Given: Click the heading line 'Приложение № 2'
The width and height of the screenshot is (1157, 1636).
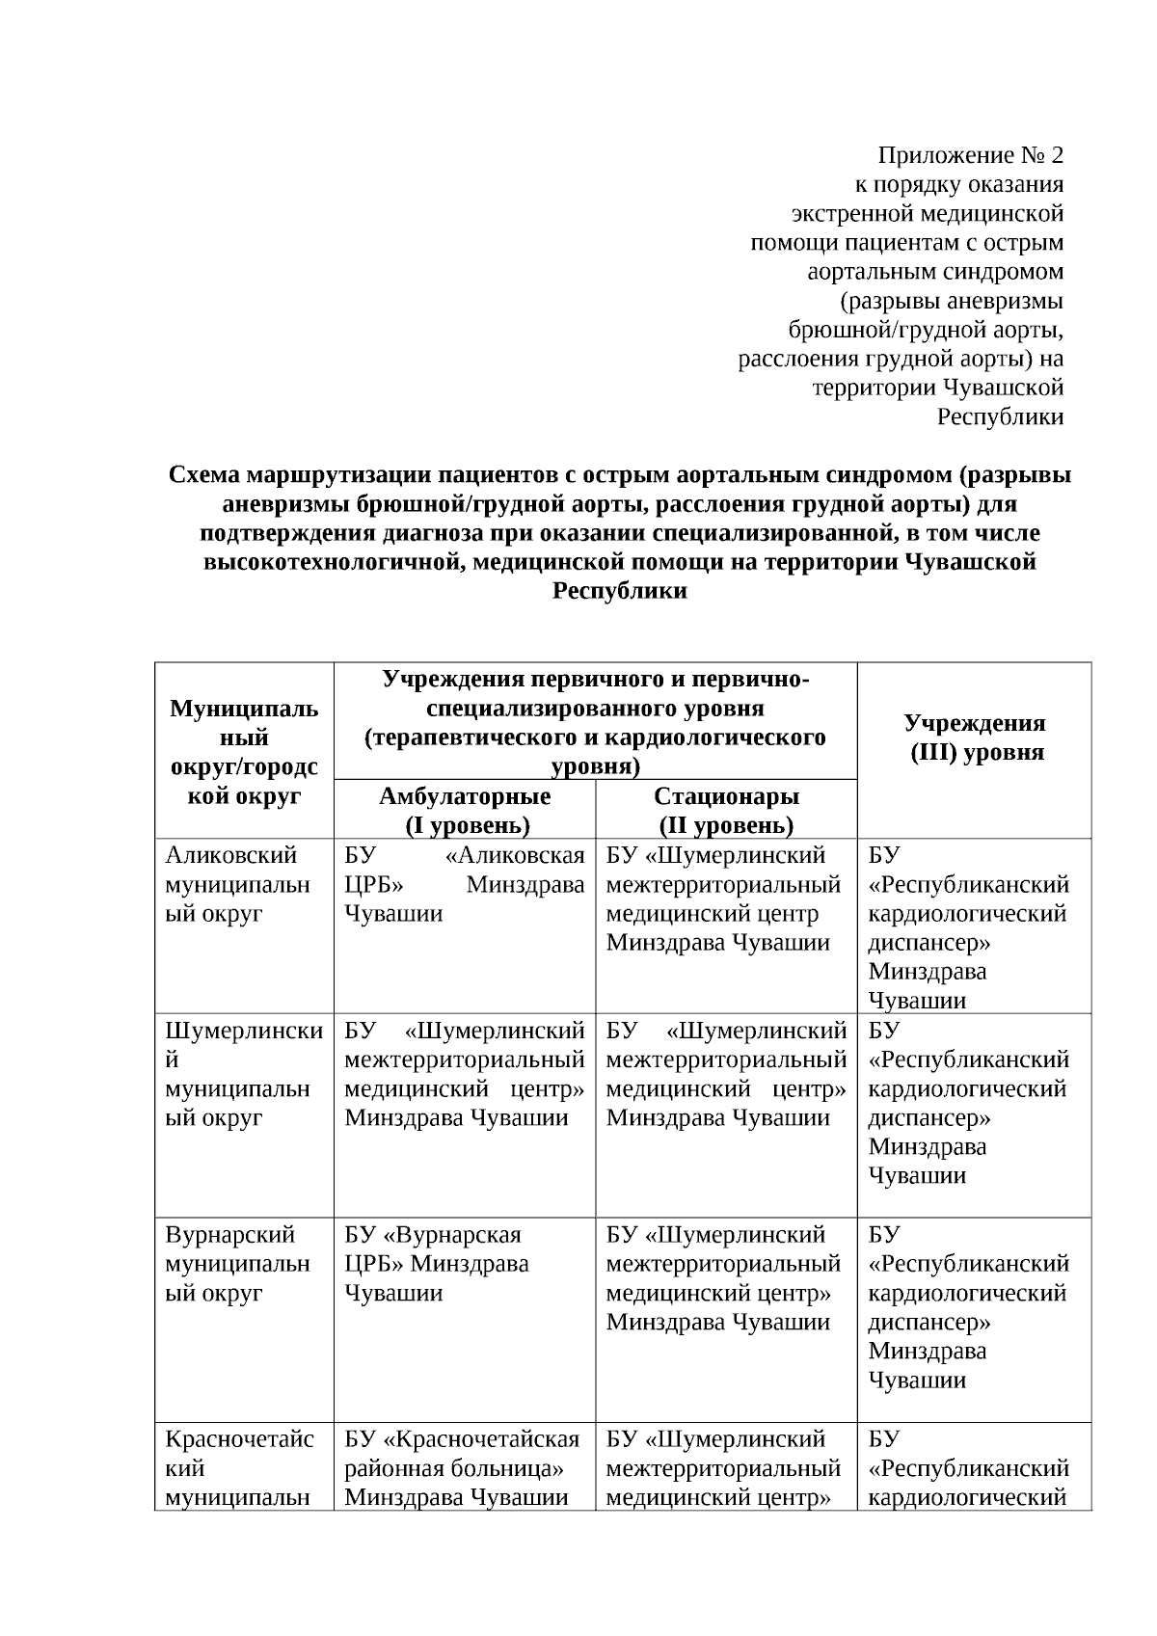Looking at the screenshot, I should click(x=970, y=155).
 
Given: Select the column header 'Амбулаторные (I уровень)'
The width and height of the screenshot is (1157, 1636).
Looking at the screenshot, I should click(x=465, y=810).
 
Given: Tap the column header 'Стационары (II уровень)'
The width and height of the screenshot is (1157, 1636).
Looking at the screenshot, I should click(x=726, y=810).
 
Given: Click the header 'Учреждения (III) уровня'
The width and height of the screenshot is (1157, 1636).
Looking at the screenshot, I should click(x=975, y=738).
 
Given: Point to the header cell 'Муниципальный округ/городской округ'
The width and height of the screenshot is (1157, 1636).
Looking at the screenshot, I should click(x=244, y=752).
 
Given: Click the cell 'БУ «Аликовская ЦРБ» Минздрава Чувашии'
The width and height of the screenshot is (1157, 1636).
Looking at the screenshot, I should click(x=465, y=884).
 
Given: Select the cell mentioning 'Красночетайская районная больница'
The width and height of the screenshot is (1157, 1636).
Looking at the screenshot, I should click(x=463, y=1468).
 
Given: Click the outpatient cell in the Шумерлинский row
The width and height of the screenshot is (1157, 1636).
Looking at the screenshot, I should click(x=465, y=1074).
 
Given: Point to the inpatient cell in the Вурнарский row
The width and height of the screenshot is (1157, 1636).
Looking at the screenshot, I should click(x=723, y=1277).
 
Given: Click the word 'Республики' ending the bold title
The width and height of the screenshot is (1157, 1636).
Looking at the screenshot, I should click(x=620, y=591).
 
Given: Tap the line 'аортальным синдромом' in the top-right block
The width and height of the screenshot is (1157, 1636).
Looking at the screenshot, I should click(x=935, y=271).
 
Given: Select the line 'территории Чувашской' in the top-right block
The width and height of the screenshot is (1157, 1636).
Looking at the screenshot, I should click(x=938, y=388).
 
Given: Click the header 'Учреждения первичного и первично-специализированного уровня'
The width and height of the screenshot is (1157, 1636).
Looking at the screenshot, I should click(x=595, y=722).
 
